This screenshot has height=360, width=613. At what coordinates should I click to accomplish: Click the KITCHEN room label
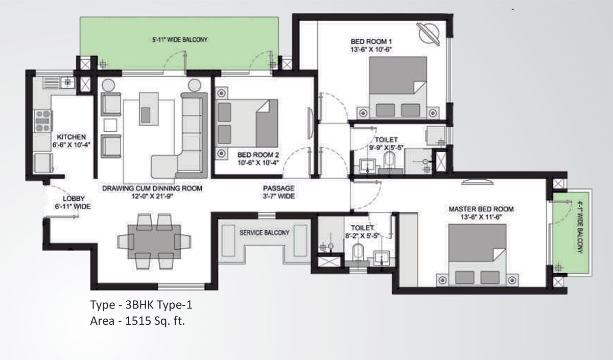[72, 137]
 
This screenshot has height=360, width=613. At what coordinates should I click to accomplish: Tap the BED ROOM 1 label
[371, 41]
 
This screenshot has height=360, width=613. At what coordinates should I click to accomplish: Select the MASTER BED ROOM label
[481, 209]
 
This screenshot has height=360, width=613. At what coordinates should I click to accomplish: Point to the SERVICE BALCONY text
[265, 233]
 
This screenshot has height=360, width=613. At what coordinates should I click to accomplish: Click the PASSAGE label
[278, 188]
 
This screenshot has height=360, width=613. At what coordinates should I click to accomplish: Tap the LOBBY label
[74, 199]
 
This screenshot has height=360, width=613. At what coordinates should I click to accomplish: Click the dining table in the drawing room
[154, 242]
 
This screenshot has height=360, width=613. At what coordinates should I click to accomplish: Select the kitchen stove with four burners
[43, 121]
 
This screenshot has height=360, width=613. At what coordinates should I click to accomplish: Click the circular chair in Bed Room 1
[428, 34]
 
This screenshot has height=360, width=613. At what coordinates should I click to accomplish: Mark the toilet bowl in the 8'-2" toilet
[358, 252]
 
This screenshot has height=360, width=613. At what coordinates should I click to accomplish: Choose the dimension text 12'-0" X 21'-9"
[152, 196]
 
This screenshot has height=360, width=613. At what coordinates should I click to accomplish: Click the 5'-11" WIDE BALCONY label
[180, 40]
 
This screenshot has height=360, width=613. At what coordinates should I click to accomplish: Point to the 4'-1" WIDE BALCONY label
[580, 227]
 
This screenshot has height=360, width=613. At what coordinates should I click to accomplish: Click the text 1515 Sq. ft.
[155, 321]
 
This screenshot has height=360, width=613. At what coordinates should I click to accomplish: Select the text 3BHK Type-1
[159, 305]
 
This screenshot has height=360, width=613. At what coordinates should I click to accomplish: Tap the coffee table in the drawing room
[149, 109]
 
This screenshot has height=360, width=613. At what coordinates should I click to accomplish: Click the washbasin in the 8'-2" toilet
[382, 258]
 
